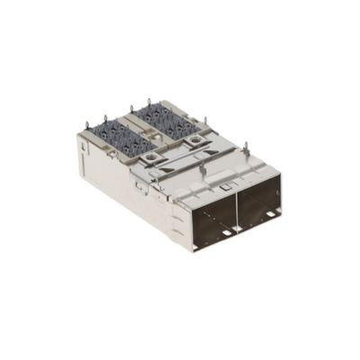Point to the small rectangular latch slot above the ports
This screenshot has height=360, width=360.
(222, 186)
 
